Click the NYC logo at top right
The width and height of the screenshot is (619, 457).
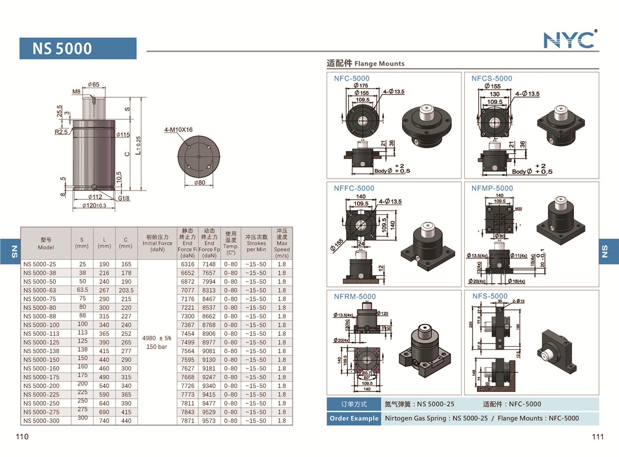click(x=570, y=39)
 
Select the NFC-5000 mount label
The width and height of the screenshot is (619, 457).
click(x=352, y=78)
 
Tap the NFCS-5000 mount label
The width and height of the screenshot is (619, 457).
click(x=492, y=78)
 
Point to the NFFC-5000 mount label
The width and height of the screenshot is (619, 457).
click(x=354, y=188)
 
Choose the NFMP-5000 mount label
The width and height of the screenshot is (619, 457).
click(x=492, y=188)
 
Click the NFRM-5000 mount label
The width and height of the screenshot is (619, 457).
click(x=355, y=296)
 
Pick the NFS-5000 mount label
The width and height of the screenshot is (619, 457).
click(x=490, y=296)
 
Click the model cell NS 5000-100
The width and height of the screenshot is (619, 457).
click(x=41, y=325)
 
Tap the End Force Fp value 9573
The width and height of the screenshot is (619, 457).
click(x=209, y=421)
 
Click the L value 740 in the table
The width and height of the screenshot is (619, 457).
click(x=104, y=421)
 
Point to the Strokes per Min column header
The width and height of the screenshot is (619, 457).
click(x=256, y=243)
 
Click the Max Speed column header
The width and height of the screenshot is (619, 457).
click(x=282, y=243)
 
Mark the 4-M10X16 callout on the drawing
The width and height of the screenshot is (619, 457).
click(x=178, y=130)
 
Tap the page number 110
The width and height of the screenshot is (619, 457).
click(x=22, y=437)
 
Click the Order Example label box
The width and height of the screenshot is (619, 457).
click(x=354, y=418)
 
